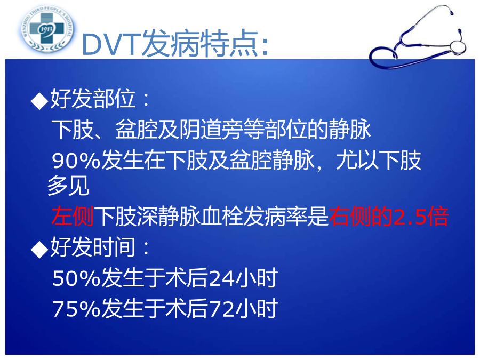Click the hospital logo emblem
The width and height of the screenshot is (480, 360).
(47, 29)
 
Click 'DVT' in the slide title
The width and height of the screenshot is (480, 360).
(112, 45)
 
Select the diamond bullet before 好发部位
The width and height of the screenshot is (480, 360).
(39, 101)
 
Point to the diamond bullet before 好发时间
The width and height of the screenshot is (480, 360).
(39, 249)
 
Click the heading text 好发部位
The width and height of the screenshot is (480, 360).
(93, 99)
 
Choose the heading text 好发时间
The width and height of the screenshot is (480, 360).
(93, 247)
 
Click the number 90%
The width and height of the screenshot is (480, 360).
(76, 161)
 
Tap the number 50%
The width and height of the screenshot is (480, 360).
(76, 278)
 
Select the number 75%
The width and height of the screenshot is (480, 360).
(76, 309)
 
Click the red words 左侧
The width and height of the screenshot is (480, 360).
(73, 217)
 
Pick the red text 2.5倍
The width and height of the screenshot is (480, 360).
(421, 217)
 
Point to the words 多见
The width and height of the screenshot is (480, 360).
(68, 186)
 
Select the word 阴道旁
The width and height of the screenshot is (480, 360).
(211, 130)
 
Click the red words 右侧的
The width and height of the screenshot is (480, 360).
(361, 217)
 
